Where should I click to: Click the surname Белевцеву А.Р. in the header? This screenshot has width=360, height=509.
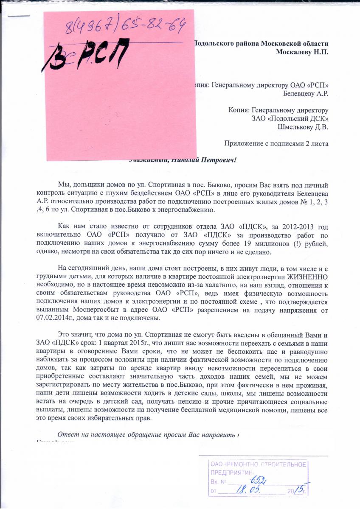point(305,92)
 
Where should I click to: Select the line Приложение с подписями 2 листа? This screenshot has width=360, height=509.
point(276,143)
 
